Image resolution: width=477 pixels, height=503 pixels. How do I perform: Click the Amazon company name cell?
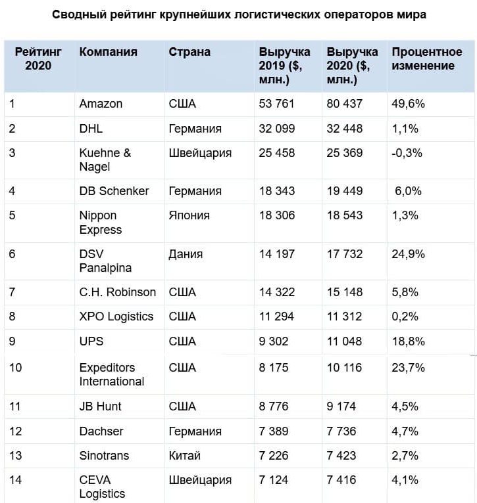click(x=101, y=104)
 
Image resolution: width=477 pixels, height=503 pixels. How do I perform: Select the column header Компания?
click(x=108, y=52)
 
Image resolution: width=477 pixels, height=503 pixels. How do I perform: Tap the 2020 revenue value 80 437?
click(x=344, y=104)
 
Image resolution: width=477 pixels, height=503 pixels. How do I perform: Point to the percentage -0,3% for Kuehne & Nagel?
click(x=407, y=154)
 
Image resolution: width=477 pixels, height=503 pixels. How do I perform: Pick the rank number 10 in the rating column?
click(x=16, y=368)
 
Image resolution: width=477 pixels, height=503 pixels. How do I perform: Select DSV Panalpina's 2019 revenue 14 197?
click(x=277, y=254)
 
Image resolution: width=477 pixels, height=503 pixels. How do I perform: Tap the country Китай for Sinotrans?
click(x=184, y=456)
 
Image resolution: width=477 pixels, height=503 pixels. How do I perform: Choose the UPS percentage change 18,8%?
click(x=408, y=341)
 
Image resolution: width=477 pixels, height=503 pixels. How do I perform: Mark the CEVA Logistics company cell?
click(x=102, y=487)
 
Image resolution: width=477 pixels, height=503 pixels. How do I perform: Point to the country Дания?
click(x=186, y=254)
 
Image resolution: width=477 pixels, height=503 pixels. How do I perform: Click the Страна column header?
click(x=189, y=52)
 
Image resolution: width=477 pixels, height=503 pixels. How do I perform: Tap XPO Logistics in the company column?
click(x=116, y=317)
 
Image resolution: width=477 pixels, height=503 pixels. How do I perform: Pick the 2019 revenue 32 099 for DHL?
click(x=277, y=129)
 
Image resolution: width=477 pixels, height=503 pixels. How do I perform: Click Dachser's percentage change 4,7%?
click(x=405, y=431)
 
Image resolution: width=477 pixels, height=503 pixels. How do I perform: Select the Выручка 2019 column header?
click(x=284, y=66)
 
